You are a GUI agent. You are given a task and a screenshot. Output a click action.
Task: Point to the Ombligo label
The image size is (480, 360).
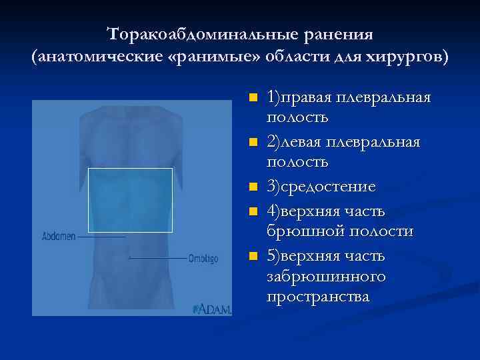click(x=203, y=258)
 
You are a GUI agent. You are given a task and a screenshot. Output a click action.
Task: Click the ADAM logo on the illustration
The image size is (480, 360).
click(x=212, y=309)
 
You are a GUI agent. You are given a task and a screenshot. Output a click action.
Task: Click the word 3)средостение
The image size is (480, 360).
click(x=321, y=187)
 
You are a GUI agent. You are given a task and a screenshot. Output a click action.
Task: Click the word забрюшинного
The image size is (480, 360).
click(x=326, y=276)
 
